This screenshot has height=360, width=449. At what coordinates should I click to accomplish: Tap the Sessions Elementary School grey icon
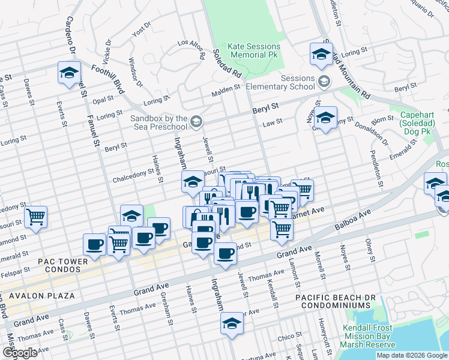pos(324,82)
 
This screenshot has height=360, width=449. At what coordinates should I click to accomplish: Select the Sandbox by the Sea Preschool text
pos(159,123)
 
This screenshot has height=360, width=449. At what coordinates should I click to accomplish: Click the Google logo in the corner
pos(20,353)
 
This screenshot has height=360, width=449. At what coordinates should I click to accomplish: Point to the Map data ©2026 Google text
pos(412,355)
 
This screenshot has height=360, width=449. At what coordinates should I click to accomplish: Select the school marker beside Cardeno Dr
pos(69,73)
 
